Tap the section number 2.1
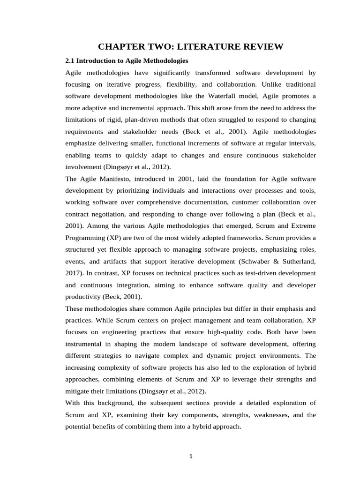click(x=70, y=60)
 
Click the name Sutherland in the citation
click(x=297, y=262)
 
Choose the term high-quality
click(x=209, y=332)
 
